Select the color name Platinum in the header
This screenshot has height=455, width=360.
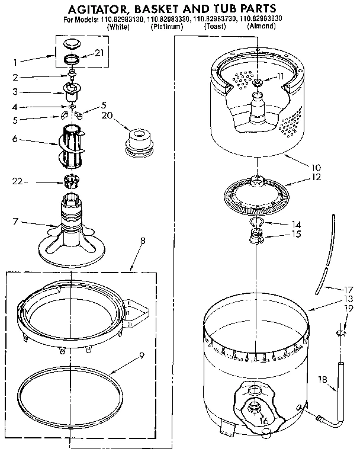click(167, 27)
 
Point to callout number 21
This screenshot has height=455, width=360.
click(99, 53)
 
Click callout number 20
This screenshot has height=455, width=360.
click(107, 115)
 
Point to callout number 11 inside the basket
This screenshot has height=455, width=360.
click(280, 76)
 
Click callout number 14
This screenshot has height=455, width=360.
click(296, 225)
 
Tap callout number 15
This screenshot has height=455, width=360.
click(296, 234)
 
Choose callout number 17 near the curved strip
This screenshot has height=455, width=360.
click(348, 290)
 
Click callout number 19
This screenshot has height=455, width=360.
click(349, 308)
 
